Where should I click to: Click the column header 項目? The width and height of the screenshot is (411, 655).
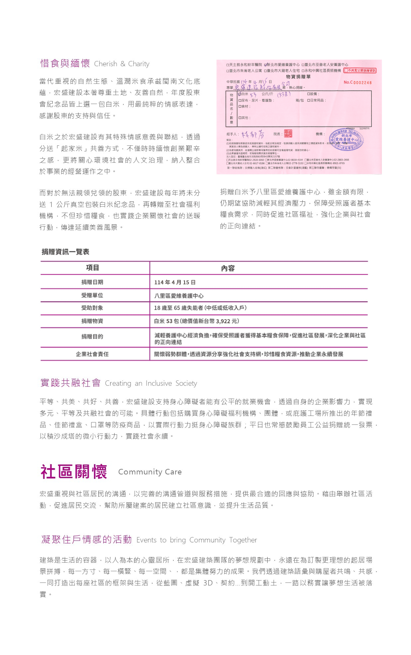tap(92, 268)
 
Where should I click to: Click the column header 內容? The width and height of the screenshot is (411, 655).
tap(228, 268)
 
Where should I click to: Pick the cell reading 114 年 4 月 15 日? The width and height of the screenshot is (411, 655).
tap(175, 282)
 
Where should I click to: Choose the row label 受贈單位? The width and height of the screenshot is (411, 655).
tap(92, 295)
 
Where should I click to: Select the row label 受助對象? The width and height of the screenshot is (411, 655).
tap(92, 308)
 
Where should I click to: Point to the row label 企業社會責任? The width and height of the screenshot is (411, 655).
tap(92, 354)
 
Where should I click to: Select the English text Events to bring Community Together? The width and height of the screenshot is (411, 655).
tap(197, 540)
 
